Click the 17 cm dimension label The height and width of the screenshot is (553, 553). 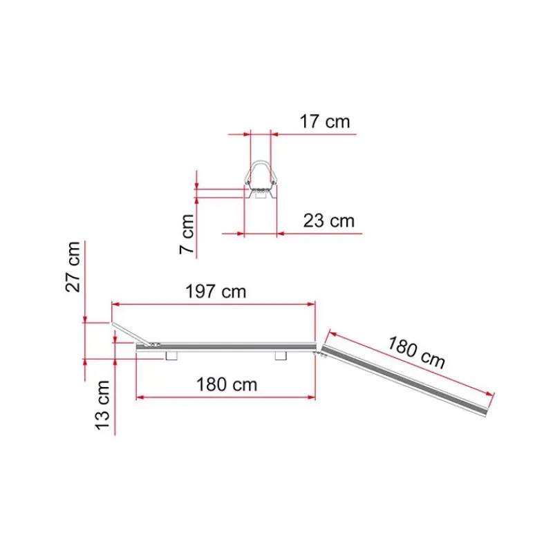point(325,122)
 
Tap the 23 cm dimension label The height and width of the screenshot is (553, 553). point(329,221)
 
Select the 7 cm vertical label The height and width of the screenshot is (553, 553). point(187,234)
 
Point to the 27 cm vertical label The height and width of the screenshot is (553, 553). point(73,267)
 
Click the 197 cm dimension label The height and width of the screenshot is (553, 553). point(216,292)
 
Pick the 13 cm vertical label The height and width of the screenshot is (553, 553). point(103,405)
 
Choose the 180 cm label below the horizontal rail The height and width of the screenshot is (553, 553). point(227,384)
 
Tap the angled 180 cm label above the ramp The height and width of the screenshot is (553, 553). point(417,353)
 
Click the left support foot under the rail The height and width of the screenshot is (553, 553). point(171,356)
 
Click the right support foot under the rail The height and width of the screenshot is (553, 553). point(281,356)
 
